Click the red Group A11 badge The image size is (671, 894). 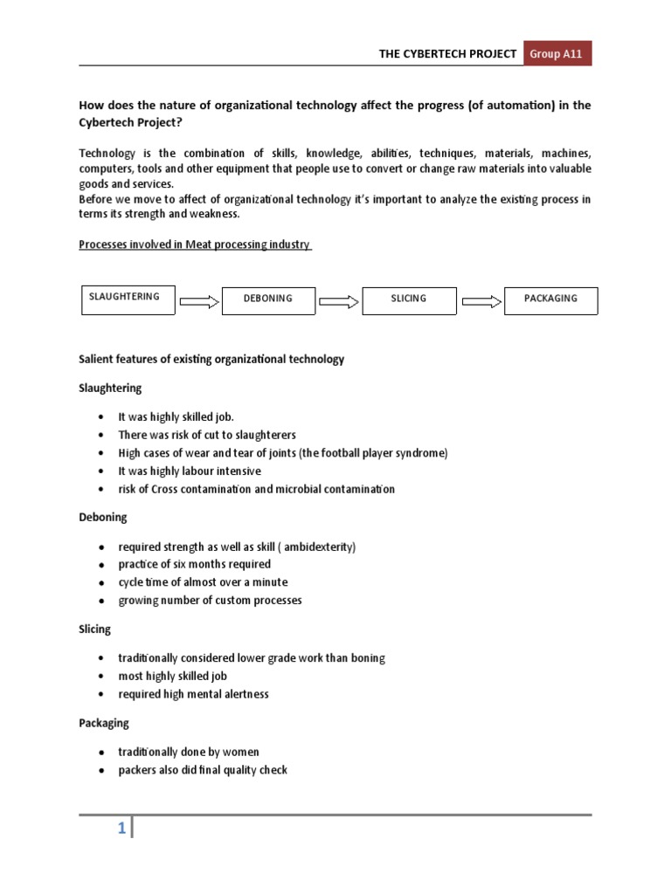(557, 53)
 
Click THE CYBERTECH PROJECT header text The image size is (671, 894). (446, 54)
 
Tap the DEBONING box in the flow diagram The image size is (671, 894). (268, 299)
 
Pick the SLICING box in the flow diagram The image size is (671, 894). (408, 299)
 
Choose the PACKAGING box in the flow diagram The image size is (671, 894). (550, 299)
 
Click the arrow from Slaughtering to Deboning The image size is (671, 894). (199, 302)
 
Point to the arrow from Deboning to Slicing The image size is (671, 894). (339, 302)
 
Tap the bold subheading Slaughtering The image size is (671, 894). (110, 388)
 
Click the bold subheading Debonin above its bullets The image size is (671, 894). (103, 517)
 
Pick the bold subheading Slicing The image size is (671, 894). (95, 629)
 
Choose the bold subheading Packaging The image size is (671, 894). (104, 723)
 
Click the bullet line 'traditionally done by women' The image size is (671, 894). (189, 752)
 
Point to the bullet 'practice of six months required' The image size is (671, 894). (195, 564)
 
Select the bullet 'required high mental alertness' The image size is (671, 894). (194, 694)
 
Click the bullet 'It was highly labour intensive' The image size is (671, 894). (190, 471)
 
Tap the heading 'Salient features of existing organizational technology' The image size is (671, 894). (211, 359)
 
